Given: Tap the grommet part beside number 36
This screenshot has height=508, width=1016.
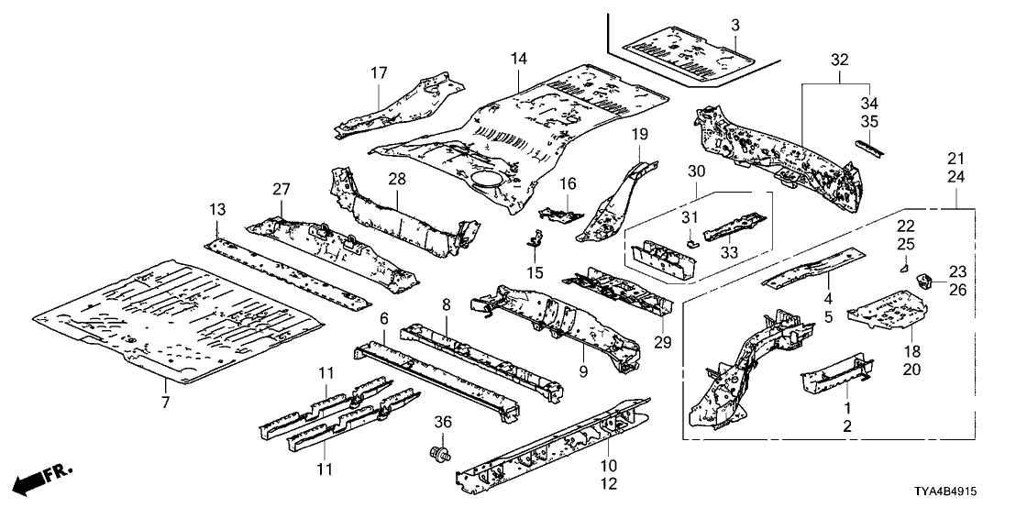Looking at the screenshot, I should click(438, 452).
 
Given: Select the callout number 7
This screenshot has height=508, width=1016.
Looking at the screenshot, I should click(165, 401).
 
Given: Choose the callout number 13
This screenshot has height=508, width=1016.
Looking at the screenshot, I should click(216, 210).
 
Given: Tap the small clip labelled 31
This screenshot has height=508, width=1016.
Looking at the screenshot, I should click(694, 243).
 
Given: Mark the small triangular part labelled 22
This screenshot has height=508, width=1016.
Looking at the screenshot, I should click(901, 268).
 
